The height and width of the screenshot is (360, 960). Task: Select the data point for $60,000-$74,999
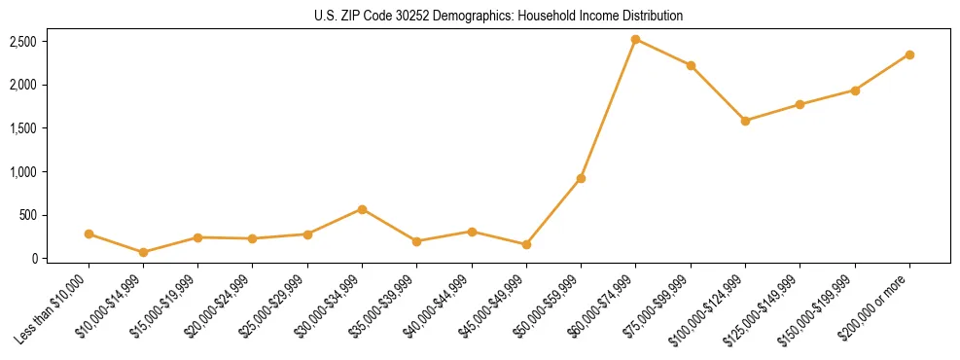(636, 40)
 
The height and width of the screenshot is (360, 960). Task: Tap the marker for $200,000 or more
(909, 54)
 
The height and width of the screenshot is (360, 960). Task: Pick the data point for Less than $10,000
(89, 234)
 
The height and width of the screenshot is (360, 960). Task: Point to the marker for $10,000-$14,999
(144, 252)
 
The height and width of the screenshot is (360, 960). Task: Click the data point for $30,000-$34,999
(363, 209)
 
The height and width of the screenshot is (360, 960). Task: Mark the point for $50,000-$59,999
(581, 178)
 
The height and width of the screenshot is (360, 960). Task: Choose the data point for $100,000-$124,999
(745, 121)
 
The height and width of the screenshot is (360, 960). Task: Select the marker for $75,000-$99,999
(691, 65)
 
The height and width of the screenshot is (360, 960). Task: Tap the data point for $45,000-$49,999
(526, 244)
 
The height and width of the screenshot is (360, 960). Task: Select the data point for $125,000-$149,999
(800, 104)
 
